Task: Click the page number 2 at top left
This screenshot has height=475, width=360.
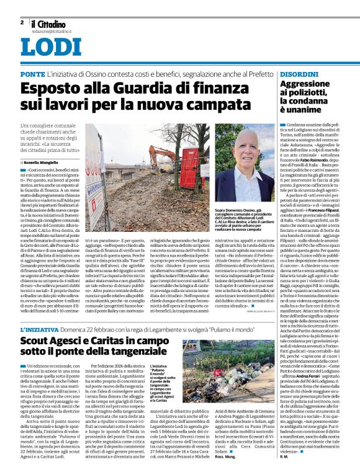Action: click(22, 22)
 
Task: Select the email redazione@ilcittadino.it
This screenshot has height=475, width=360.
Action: click(54, 30)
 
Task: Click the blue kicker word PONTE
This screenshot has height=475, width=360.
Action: click(32, 74)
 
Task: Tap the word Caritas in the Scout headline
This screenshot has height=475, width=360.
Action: click(118, 341)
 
